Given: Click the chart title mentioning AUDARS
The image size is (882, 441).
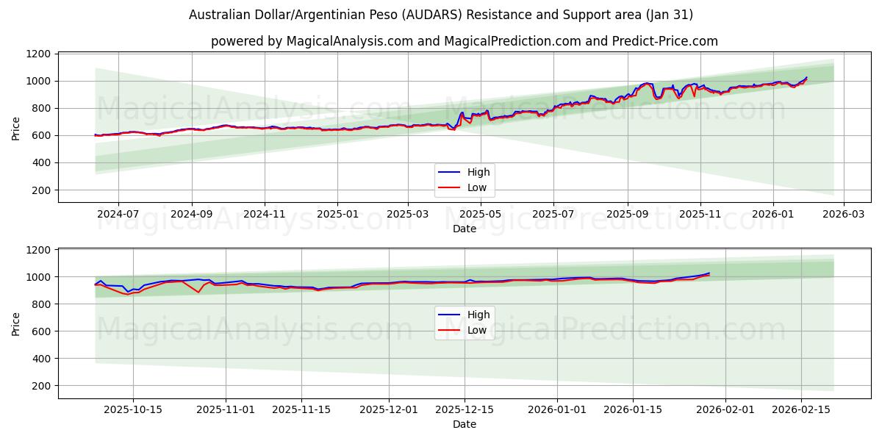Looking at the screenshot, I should click(x=440, y=15).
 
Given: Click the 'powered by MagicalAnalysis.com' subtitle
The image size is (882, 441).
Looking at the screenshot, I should click(x=464, y=41).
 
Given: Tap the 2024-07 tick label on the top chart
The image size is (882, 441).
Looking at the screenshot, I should click(x=118, y=214).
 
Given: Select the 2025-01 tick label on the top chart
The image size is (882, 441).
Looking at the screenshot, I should click(x=337, y=214).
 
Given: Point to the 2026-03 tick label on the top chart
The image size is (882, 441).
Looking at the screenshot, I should click(x=843, y=214).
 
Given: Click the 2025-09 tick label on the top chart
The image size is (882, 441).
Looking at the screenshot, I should click(x=627, y=214).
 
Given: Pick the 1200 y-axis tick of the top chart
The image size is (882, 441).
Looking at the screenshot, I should click(x=40, y=54).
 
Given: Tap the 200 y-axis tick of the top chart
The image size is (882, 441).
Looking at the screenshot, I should click(x=43, y=190).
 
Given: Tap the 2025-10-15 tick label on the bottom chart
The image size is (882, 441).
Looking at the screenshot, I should click(x=133, y=409).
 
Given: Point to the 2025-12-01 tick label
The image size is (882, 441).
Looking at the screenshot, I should click(x=389, y=409).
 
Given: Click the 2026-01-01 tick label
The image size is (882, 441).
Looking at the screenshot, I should click(x=556, y=409).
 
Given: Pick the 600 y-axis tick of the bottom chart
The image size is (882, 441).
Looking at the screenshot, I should click(x=43, y=331).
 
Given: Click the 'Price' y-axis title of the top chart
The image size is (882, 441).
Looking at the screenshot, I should click(x=16, y=128).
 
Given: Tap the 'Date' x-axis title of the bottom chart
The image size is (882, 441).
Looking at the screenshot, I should click(x=464, y=424).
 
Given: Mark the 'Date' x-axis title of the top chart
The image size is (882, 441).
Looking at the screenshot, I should click(x=464, y=229).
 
